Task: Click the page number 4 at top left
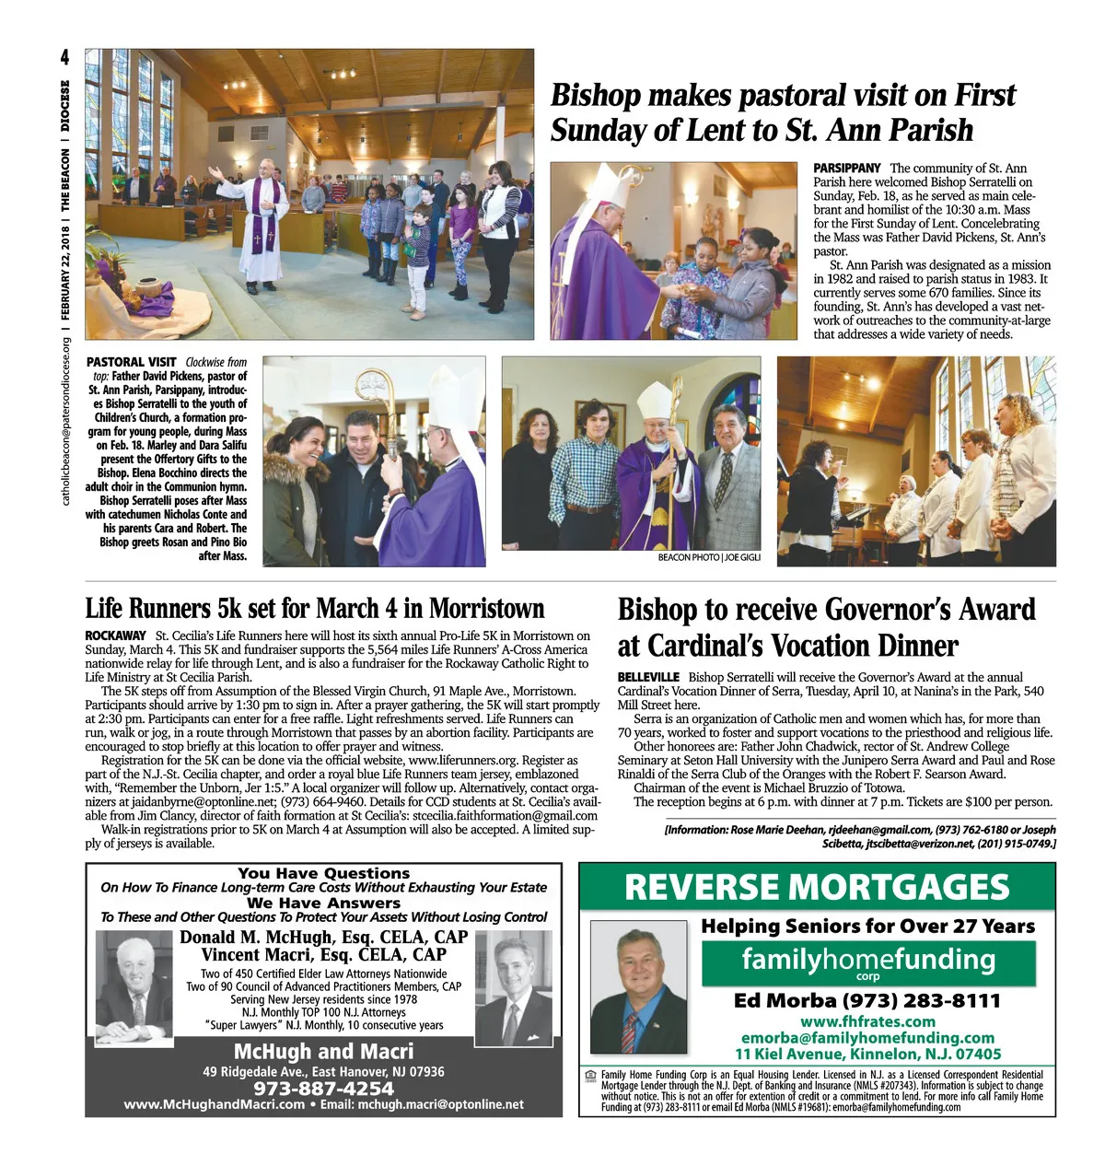tap(64, 58)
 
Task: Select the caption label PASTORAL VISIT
tap(131, 362)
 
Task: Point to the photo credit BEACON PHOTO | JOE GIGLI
tap(709, 557)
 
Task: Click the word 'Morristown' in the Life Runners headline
tap(486, 609)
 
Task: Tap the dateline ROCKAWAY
tap(115, 635)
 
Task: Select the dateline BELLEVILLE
tap(648, 677)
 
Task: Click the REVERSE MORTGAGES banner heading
tap(817, 887)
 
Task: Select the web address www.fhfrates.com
tap(867, 1021)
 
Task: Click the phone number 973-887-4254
tap(323, 1089)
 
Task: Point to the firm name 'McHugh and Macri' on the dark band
tap(323, 1052)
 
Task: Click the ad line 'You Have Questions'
tap(323, 873)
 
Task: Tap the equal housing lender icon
tap(590, 1075)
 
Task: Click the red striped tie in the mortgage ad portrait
tap(629, 1033)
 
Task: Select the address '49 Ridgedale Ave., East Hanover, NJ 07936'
tap(323, 1072)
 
